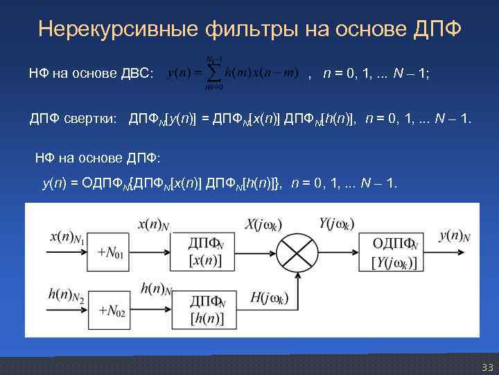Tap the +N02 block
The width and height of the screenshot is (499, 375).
click(110, 310)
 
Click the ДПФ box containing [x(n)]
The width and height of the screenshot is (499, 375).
click(206, 251)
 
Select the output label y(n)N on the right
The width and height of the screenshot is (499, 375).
click(455, 236)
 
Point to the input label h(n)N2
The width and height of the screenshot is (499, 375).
click(67, 297)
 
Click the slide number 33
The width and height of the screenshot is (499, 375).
click(486, 366)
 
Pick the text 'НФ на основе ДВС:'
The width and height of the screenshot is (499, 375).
click(91, 73)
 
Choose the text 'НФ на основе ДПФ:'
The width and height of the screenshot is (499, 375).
click(97, 158)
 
